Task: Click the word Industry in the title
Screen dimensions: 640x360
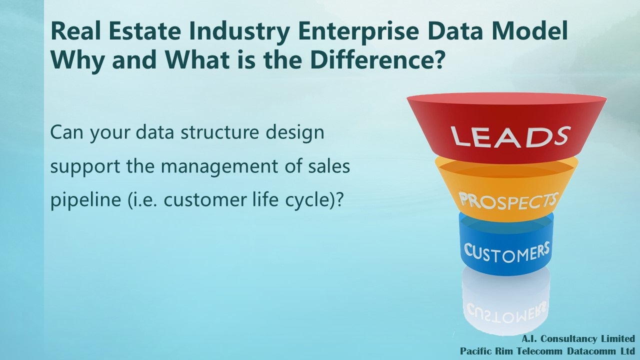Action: (239, 31)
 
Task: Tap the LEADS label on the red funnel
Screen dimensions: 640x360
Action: (510, 136)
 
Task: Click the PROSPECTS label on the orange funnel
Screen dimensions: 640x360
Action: (508, 201)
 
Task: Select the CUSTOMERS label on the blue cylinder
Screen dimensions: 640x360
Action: (506, 252)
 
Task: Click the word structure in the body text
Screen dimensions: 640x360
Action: (219, 132)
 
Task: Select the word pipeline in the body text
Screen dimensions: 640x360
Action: (85, 200)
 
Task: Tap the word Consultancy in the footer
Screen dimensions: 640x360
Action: (568, 339)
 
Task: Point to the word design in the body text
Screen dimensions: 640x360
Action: (295, 133)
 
